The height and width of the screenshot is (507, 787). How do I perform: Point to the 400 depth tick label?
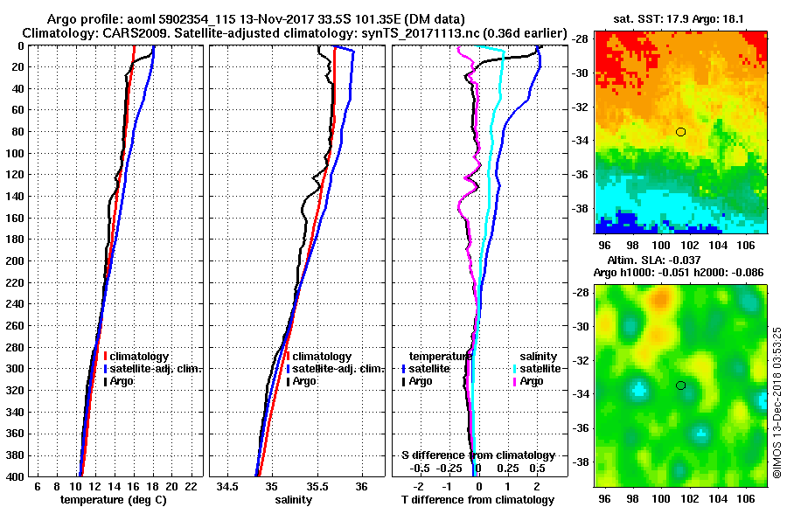point(16,476)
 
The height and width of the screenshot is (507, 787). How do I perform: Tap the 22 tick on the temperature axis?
point(190,485)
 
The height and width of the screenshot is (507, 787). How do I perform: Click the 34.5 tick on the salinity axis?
point(228,485)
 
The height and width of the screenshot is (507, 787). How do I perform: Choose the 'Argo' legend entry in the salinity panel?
point(306,381)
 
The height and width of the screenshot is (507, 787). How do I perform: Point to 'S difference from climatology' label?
point(477,455)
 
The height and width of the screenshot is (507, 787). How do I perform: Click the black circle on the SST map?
point(680,132)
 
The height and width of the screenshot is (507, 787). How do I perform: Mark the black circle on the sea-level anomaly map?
point(680,385)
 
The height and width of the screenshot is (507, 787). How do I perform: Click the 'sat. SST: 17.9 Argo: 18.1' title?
point(680,19)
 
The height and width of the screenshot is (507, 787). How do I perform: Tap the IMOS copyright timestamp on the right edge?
point(777,401)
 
